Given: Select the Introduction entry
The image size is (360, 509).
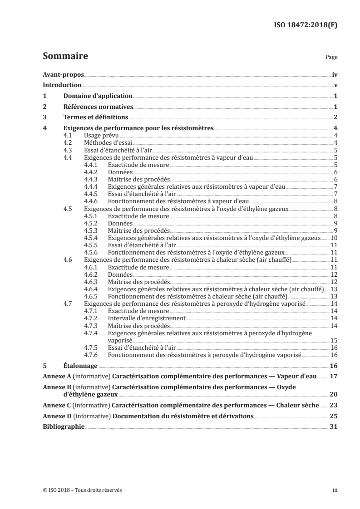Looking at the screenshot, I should pyautogui.click(x=62, y=85).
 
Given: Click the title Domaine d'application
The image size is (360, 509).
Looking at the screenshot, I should pyautogui.click(x=98, y=96).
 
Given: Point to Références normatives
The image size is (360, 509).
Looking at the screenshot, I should pyautogui.click(x=98, y=107).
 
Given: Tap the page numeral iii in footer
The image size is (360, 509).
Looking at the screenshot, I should pyautogui.click(x=335, y=490).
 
